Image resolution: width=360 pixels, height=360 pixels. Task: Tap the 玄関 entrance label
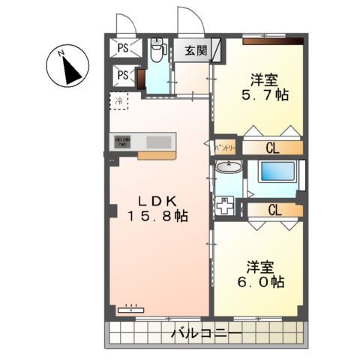196,52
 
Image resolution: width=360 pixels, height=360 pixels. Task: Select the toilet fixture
156,52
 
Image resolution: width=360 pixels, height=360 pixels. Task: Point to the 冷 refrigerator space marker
118,99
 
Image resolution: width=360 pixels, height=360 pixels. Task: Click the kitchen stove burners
122,141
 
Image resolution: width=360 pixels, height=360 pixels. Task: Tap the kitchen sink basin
159,142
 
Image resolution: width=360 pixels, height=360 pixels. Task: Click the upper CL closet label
274,148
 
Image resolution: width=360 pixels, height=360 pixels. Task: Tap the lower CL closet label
274,210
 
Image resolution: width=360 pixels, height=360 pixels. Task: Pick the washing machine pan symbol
225,205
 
